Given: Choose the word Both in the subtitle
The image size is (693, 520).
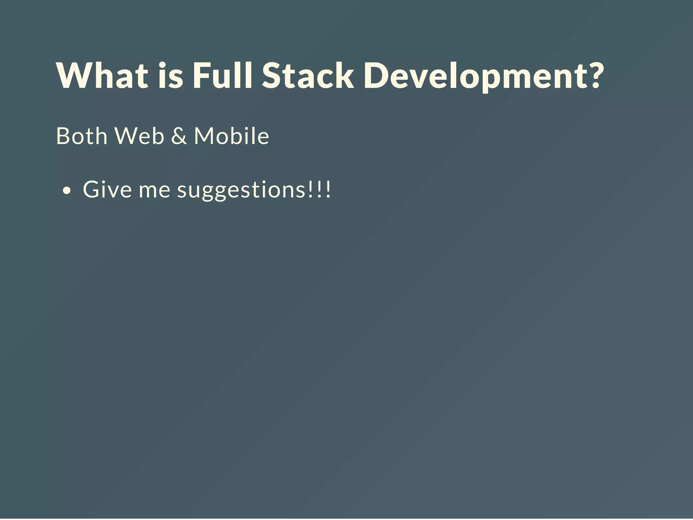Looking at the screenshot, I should (82, 136).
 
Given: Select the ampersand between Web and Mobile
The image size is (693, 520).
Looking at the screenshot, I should (179, 136).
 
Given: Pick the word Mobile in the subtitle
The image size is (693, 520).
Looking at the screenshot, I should (231, 136).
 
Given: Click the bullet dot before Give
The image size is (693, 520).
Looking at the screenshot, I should (67, 191).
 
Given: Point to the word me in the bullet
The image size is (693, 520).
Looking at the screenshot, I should (154, 190).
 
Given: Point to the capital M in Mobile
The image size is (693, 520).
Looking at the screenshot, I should (205, 136).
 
